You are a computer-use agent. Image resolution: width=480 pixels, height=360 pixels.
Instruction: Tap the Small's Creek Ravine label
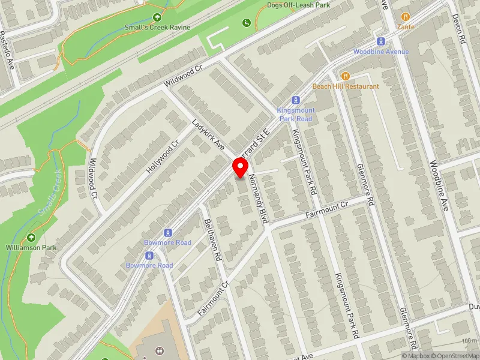[x=157, y=28]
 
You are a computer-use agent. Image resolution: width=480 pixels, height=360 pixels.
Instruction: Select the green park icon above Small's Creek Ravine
[x=157, y=18]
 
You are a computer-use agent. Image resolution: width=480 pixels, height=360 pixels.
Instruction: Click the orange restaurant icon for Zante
[x=406, y=17]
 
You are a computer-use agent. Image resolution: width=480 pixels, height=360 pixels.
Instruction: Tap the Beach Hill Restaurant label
[x=354, y=86]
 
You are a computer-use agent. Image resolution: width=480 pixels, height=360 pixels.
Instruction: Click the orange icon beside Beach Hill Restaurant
[x=345, y=76]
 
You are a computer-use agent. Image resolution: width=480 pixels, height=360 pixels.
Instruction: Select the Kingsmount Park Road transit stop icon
[x=295, y=100]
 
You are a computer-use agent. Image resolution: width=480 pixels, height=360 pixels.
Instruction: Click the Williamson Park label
[x=31, y=247]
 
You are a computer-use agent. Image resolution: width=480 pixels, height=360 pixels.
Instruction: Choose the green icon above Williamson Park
[x=31, y=238]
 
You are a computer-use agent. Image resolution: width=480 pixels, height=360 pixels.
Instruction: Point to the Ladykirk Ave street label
[x=208, y=136]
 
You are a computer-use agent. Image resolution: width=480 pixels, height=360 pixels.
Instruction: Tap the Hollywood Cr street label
[x=163, y=158]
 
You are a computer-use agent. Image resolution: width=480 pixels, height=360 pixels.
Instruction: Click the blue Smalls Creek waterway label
[x=49, y=194]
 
